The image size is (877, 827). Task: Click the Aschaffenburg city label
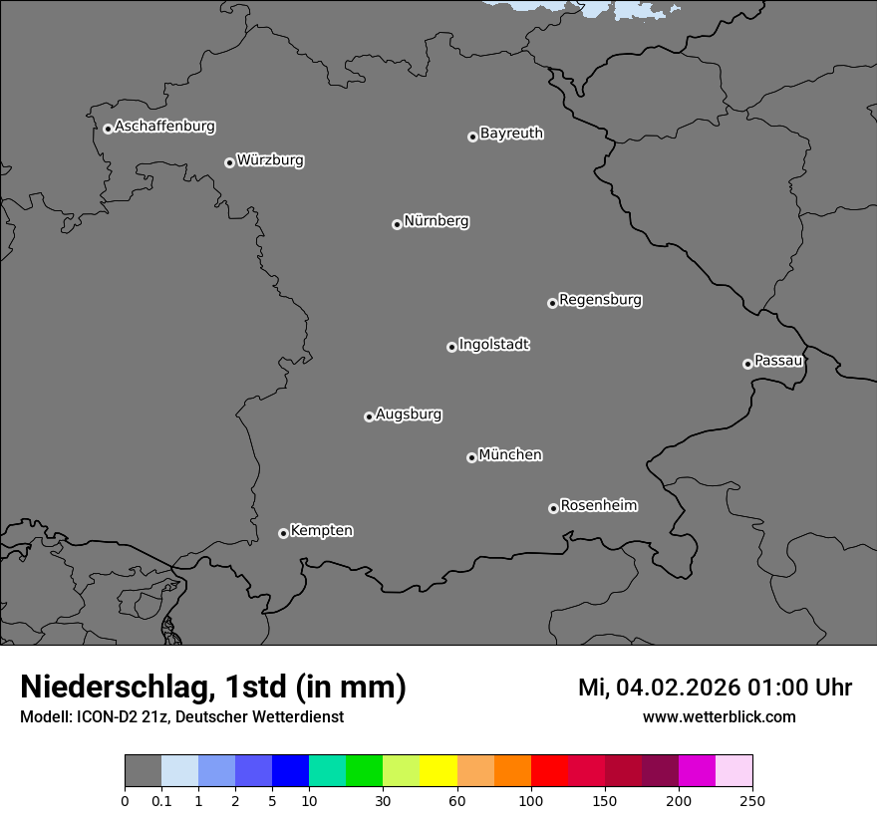(x=164, y=127)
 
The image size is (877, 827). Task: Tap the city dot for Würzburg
(x=229, y=162)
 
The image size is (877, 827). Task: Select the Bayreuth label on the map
(x=511, y=134)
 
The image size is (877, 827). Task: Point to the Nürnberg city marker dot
(x=397, y=224)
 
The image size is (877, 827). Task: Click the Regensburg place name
(x=600, y=300)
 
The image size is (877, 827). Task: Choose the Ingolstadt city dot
(x=451, y=347)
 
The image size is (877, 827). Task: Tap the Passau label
(x=778, y=361)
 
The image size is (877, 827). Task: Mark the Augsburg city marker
(x=369, y=416)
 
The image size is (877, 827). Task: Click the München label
(x=510, y=455)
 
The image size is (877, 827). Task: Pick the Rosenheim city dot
(x=553, y=509)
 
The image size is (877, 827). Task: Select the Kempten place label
(x=321, y=531)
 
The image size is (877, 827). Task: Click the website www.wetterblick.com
(x=719, y=716)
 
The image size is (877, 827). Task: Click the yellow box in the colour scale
(x=438, y=771)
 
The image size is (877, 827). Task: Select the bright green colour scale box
(x=365, y=771)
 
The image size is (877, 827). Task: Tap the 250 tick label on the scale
(x=752, y=800)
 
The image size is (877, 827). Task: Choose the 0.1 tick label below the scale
(x=161, y=800)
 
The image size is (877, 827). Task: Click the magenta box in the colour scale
(x=697, y=771)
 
